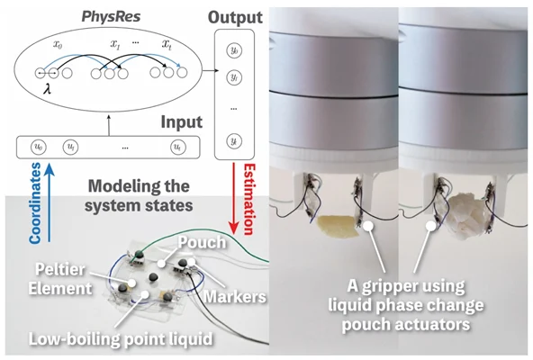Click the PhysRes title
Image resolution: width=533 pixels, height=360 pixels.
(x=111, y=17)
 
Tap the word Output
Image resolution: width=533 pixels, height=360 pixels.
(x=235, y=17)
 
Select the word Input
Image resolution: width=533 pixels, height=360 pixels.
(x=182, y=122)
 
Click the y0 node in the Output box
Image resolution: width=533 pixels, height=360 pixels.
(x=234, y=50)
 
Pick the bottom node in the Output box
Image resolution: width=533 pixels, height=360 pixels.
(x=234, y=141)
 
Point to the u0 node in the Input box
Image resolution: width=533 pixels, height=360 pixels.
(x=39, y=148)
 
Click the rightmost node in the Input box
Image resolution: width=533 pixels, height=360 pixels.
(x=177, y=148)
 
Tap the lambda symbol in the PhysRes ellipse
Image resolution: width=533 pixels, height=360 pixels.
(x=47, y=89)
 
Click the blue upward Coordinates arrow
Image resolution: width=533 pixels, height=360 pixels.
(x=50, y=202)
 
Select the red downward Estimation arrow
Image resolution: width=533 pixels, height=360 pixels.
(x=233, y=198)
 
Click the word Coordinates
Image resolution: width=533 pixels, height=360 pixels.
(x=35, y=203)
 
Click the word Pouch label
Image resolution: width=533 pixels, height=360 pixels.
(x=202, y=243)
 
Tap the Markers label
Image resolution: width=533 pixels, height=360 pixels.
(x=235, y=296)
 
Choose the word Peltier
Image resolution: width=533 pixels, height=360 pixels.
(x=60, y=270)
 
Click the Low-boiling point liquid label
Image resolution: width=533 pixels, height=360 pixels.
(x=121, y=338)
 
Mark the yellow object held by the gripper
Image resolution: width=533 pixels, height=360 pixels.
(x=338, y=227)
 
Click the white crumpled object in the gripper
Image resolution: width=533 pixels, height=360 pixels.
(x=466, y=214)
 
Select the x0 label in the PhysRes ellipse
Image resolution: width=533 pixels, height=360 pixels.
(x=58, y=44)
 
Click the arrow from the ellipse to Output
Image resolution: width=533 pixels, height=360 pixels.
(x=210, y=71)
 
